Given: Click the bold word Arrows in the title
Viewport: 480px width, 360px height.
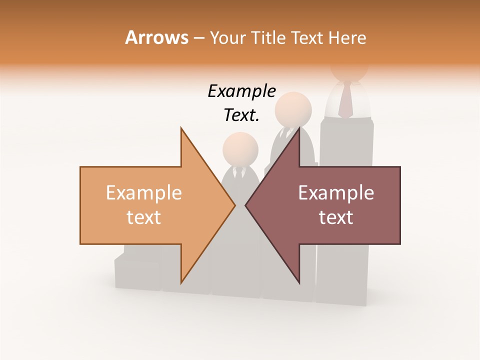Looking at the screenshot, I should [156, 37].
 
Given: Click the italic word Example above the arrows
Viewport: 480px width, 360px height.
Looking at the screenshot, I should [241, 91].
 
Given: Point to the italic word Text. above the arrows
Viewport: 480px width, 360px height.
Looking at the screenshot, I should [241, 115].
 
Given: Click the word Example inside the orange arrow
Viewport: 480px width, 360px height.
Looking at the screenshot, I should [144, 193].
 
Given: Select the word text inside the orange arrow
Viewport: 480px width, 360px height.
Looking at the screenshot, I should [144, 217].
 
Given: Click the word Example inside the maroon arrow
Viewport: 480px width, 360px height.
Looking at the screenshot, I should [336, 193].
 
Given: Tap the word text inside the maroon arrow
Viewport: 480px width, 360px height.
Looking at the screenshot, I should [336, 217].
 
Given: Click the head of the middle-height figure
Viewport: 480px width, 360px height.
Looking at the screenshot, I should [293, 110].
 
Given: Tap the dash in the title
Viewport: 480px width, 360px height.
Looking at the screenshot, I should [198, 38].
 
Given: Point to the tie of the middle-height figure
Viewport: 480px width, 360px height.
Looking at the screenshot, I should [286, 133].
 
